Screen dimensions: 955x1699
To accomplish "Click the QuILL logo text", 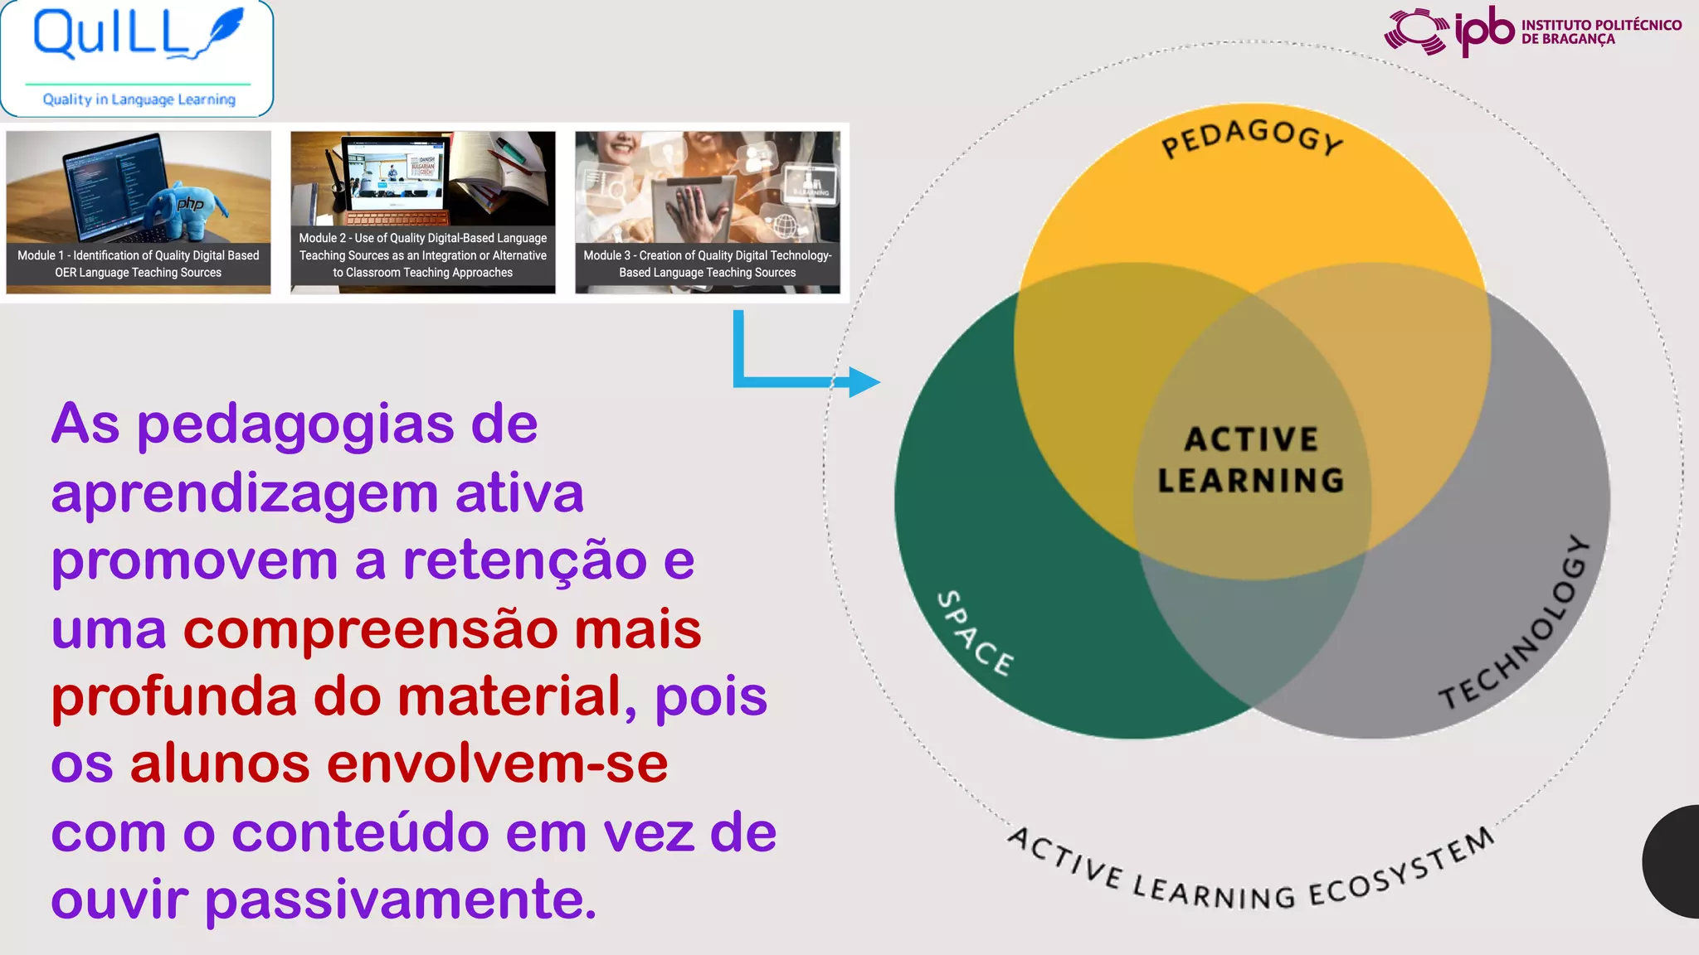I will (x=112, y=35).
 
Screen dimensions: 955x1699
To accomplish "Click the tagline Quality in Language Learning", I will (x=139, y=99).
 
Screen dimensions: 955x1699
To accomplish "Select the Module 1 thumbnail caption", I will (x=139, y=264).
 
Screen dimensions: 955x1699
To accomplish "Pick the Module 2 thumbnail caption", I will (x=423, y=255).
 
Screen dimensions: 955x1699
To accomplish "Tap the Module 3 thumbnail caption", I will (x=708, y=264).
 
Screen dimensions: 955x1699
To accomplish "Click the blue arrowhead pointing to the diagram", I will (x=863, y=382).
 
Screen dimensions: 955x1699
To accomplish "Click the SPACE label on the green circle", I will (x=975, y=633).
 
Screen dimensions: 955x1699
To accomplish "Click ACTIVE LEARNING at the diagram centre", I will (x=1251, y=460).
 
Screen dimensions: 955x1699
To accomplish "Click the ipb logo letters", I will (x=1484, y=32).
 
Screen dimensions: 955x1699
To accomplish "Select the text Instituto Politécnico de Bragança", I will (x=1601, y=32).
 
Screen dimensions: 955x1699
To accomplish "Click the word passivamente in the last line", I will (x=401, y=901).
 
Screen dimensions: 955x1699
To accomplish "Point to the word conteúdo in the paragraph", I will (x=360, y=833).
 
